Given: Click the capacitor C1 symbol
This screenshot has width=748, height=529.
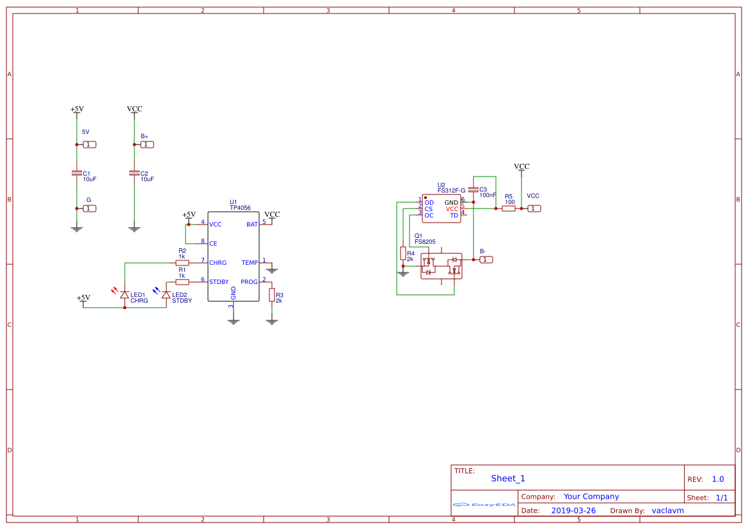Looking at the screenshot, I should pyautogui.click(x=77, y=173).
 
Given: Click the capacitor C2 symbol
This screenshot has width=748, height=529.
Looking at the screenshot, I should pyautogui.click(x=134, y=173).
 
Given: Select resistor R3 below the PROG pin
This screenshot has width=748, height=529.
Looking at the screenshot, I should pyautogui.click(x=272, y=295).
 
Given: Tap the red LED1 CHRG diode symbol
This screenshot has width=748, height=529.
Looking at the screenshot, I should pyautogui.click(x=124, y=295).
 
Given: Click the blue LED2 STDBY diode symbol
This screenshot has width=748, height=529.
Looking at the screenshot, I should pyautogui.click(x=166, y=295).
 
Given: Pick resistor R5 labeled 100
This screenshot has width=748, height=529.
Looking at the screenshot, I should pyautogui.click(x=509, y=209).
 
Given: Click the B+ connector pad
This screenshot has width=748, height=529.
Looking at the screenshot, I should pyautogui.click(x=147, y=145).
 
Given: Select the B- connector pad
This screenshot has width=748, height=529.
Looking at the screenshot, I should pyautogui.click(x=486, y=260).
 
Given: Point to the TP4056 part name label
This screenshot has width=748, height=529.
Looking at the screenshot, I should pyautogui.click(x=240, y=208).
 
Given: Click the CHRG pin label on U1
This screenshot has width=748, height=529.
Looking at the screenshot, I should pyautogui.click(x=218, y=263).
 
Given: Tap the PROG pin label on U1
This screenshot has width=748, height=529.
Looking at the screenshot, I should pyautogui.click(x=249, y=282).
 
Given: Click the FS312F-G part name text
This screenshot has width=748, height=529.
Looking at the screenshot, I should pyautogui.click(x=451, y=191).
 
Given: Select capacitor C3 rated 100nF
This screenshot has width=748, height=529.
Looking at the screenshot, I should pyautogui.click(x=473, y=189).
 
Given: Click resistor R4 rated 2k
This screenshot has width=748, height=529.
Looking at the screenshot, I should pyautogui.click(x=403, y=253).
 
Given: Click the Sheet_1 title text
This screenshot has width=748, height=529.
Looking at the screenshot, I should pyautogui.click(x=508, y=478).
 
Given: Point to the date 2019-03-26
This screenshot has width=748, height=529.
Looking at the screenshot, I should pyautogui.click(x=573, y=510).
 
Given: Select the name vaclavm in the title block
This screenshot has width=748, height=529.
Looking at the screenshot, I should pyautogui.click(x=667, y=510).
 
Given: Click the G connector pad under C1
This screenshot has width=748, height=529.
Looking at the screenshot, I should pyautogui.click(x=90, y=209).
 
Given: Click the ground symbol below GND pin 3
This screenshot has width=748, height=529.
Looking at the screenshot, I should pyautogui.click(x=234, y=321).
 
